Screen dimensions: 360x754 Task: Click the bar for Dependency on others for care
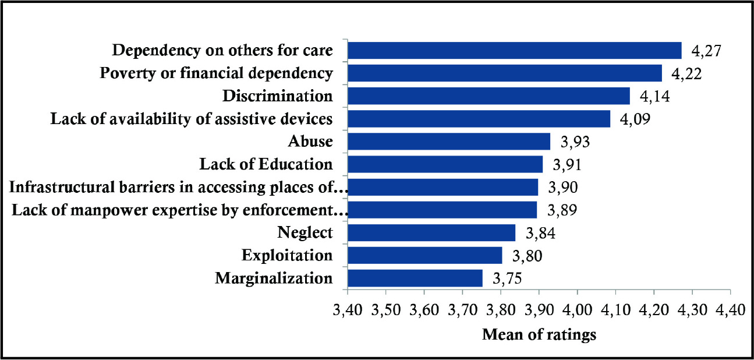tap(515, 51)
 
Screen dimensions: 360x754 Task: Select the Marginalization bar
tap(415, 278)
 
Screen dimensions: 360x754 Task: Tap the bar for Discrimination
tap(489, 96)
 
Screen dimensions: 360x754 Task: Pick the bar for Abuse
tap(449, 142)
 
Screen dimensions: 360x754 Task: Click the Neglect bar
tap(431, 232)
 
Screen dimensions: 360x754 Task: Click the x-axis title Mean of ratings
tap(539, 335)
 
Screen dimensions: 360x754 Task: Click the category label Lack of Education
tap(266, 164)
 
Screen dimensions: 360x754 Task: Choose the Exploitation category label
tap(287, 255)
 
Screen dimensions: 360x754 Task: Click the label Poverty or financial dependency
tap(217, 73)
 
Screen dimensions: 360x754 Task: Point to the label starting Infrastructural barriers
tap(179, 187)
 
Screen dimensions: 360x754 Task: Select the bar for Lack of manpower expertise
tap(442, 210)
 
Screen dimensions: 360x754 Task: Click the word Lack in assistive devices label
tap(65, 119)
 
